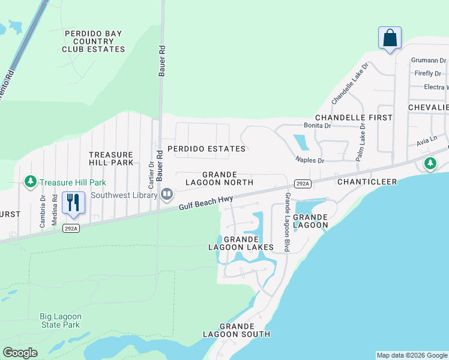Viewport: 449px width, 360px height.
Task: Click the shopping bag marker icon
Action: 390,38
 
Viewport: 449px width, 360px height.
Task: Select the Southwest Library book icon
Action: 167,194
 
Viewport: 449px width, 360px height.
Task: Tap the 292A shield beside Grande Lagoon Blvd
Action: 303,184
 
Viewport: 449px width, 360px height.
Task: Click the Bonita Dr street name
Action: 318,126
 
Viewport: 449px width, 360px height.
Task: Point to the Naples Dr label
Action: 309,161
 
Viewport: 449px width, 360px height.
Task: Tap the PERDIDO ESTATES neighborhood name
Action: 206,148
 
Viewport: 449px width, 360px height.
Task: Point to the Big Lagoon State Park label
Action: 60,320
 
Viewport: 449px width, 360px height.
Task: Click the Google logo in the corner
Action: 20,353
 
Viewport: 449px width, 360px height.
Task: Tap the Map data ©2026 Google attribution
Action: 412,355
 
